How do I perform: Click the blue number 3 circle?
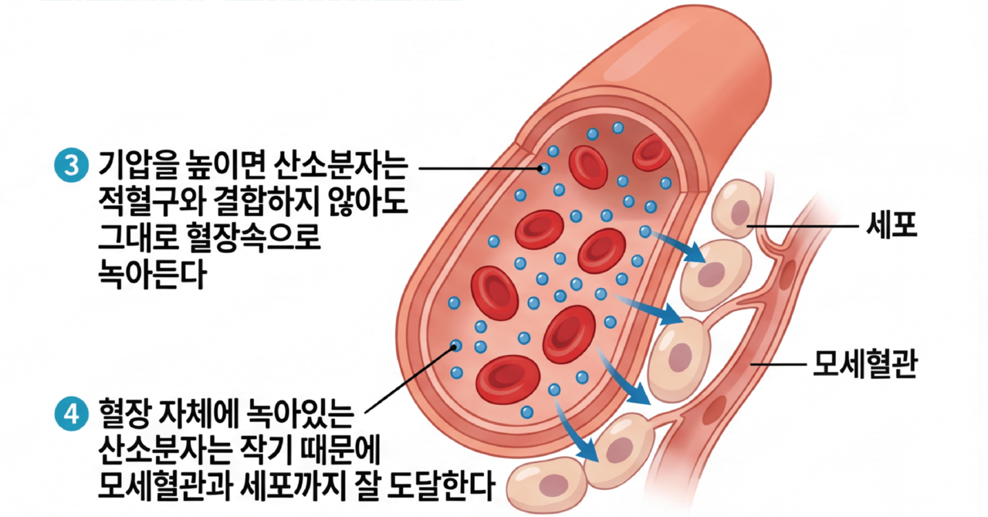71,167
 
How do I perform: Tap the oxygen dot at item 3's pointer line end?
544,168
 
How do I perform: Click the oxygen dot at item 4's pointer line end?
456,346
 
